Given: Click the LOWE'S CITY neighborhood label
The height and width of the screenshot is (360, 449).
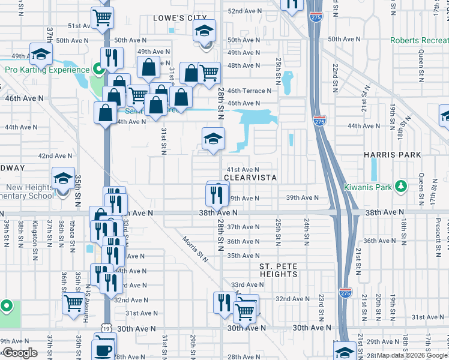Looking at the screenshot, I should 179,18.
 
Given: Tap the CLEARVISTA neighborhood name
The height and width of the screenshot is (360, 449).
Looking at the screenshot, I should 250,178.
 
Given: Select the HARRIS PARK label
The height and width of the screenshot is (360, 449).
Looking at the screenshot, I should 392,155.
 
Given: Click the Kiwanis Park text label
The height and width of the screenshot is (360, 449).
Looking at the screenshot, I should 368,187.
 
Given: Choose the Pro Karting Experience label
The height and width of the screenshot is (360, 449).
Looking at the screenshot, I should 47,70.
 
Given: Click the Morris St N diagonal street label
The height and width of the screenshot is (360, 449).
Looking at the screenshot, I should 196,247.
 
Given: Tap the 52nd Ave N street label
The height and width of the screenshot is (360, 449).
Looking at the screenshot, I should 243,11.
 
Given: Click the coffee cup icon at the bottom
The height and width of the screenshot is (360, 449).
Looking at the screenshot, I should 104,349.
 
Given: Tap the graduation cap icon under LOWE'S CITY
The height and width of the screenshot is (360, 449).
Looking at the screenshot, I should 204,30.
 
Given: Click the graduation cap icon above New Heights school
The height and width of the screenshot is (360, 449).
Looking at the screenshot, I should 63,178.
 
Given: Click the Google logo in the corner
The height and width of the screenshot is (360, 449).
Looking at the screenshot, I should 20,353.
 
